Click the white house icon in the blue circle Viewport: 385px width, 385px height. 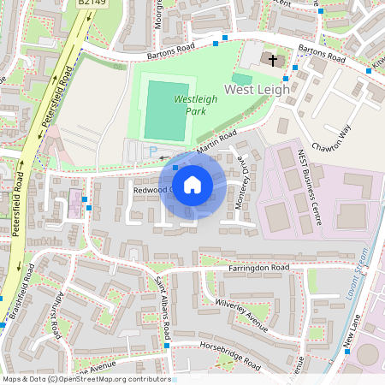tap(192, 185)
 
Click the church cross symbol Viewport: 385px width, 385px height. tap(273, 61)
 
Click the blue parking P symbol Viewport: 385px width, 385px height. tap(154, 151)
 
